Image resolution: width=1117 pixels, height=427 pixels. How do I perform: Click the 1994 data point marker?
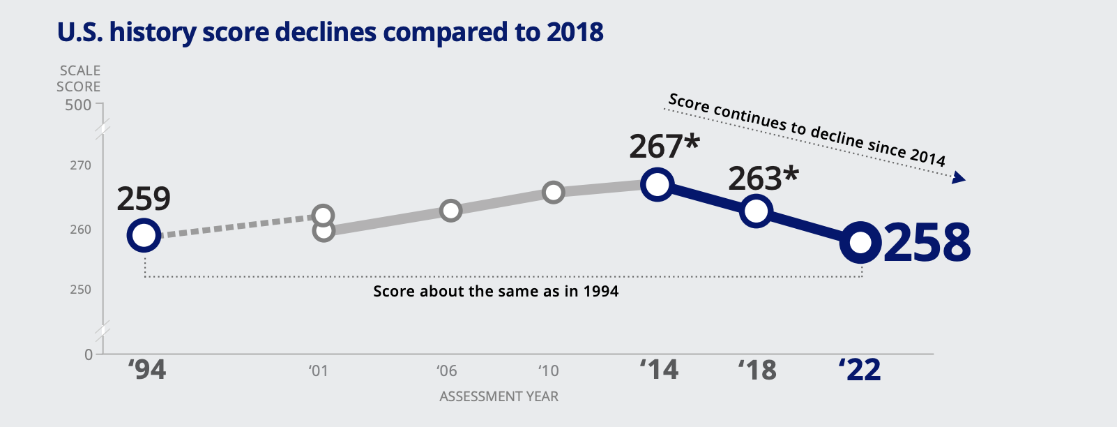(x=143, y=236)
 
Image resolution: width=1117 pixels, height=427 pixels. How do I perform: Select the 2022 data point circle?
(x=860, y=243)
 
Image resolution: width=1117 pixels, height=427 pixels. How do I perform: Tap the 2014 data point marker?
(x=658, y=185)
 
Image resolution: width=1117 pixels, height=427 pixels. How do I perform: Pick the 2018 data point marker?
(x=757, y=211)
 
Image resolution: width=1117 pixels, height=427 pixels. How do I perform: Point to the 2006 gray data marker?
(x=451, y=211)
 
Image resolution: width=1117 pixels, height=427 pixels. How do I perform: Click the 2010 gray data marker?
(x=553, y=193)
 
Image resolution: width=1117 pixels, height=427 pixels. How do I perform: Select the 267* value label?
(x=664, y=147)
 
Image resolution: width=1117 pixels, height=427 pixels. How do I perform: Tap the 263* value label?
(x=763, y=179)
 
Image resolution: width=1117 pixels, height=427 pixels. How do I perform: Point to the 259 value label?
(x=144, y=199)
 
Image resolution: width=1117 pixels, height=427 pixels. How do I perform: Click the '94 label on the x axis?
(x=147, y=370)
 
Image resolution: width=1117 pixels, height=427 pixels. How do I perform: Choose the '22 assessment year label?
(x=860, y=370)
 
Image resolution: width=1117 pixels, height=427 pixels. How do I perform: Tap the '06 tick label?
(x=447, y=370)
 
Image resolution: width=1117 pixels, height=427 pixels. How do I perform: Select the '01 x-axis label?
(x=318, y=370)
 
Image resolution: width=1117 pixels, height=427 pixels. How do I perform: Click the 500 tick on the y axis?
(x=78, y=105)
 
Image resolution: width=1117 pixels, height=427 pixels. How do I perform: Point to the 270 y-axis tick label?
(x=80, y=166)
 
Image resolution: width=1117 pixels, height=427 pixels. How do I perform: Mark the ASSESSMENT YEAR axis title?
(x=499, y=397)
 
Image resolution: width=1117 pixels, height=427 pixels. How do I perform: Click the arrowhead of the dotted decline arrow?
(x=959, y=179)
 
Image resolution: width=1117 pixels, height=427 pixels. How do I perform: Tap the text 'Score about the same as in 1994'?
(x=496, y=292)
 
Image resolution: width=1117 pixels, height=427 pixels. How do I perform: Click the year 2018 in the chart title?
(x=575, y=33)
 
